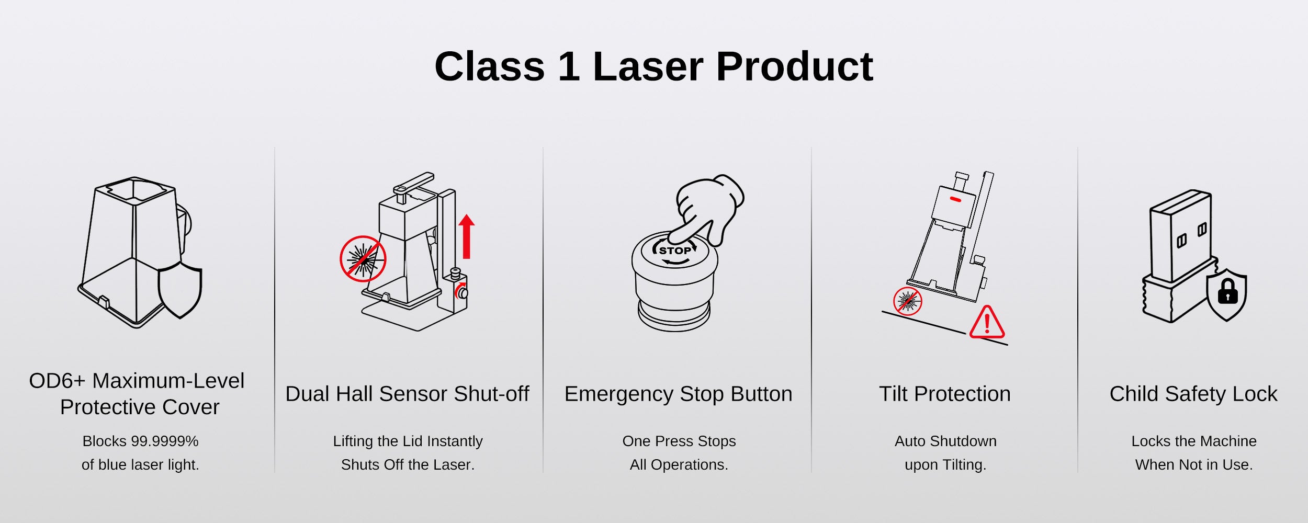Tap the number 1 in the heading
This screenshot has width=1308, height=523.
[569, 67]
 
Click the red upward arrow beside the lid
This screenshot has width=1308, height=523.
[467, 237]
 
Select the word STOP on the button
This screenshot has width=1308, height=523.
[675, 251]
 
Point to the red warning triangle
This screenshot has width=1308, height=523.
[987, 322]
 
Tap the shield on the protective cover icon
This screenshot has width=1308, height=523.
[180, 290]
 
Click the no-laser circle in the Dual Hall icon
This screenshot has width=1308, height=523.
[363, 259]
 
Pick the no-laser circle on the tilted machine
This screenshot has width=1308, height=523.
[908, 301]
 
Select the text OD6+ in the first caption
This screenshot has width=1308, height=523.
[57, 381]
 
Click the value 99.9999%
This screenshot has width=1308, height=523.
[165, 441]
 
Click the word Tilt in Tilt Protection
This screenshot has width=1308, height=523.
[894, 394]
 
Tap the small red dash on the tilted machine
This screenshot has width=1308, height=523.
[955, 199]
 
